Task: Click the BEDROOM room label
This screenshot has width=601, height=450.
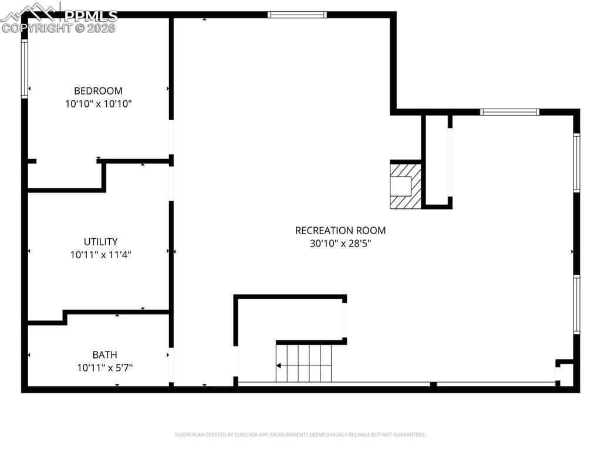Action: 98,91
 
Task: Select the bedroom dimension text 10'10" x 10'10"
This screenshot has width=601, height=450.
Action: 98,104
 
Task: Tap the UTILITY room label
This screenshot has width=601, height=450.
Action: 100,242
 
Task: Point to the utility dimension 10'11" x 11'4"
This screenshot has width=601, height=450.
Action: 100,255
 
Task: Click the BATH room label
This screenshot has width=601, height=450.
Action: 104,355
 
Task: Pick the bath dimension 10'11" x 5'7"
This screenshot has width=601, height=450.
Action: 104,368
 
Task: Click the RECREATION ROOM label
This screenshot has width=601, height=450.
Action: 340,231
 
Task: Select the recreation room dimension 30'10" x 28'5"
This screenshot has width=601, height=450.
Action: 340,243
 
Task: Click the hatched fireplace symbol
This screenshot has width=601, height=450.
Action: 406,185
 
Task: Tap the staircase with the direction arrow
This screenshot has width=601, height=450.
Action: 304,363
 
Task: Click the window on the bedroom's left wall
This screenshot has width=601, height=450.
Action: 25,68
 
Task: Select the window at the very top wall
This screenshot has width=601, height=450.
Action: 297,15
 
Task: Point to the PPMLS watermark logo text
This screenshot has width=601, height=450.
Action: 90,16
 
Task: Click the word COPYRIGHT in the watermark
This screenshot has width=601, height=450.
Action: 37,28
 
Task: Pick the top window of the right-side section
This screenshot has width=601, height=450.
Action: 509,112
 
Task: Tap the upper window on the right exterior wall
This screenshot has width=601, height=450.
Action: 576,163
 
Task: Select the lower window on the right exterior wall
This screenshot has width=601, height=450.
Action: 576,304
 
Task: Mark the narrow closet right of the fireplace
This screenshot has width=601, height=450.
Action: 436,161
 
